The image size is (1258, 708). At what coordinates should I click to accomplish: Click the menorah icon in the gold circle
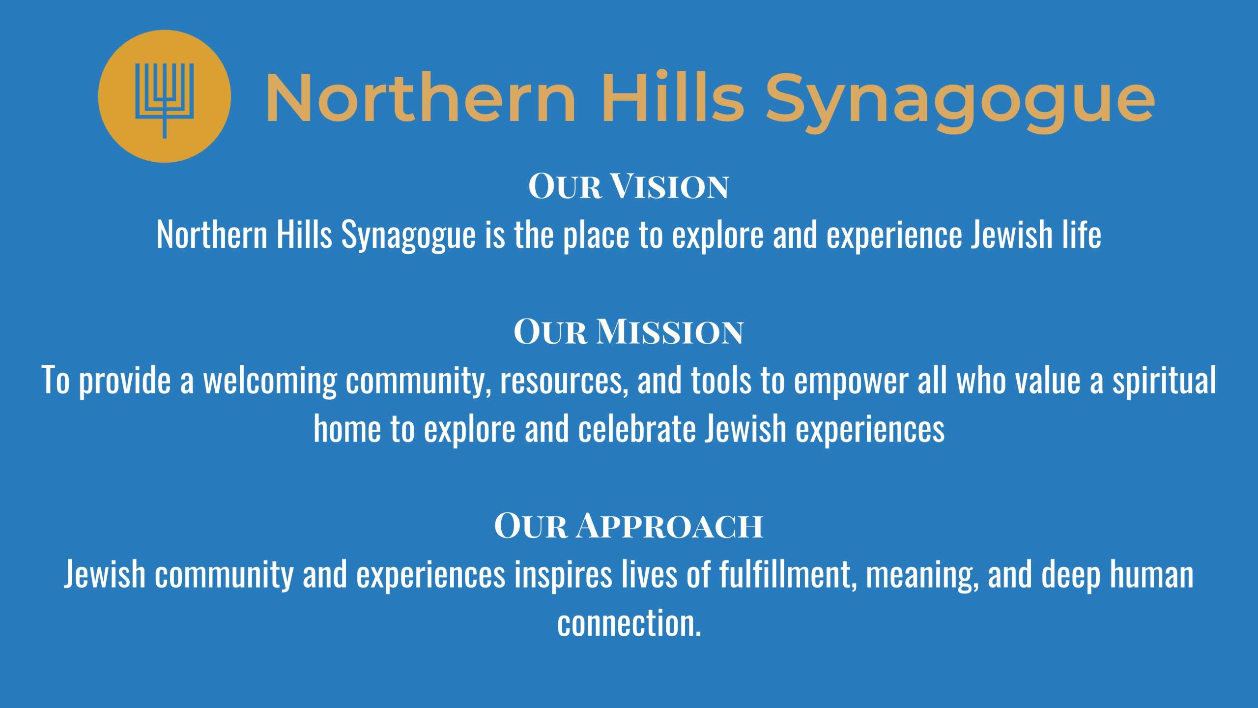[165, 100]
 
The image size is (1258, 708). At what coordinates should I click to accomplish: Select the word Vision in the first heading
[669, 186]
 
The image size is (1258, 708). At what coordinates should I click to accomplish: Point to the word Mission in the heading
[670, 331]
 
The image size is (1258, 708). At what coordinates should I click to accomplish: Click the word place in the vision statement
[596, 236]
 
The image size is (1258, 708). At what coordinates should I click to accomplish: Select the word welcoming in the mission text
[270, 381]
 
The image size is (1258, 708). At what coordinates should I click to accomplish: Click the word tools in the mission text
[721, 380]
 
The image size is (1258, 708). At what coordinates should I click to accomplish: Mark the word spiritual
[1164, 381]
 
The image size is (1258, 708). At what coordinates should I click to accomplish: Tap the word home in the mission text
[347, 428]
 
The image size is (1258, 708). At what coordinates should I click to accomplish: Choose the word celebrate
[637, 428]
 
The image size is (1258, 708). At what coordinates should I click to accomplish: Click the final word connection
[629, 622]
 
